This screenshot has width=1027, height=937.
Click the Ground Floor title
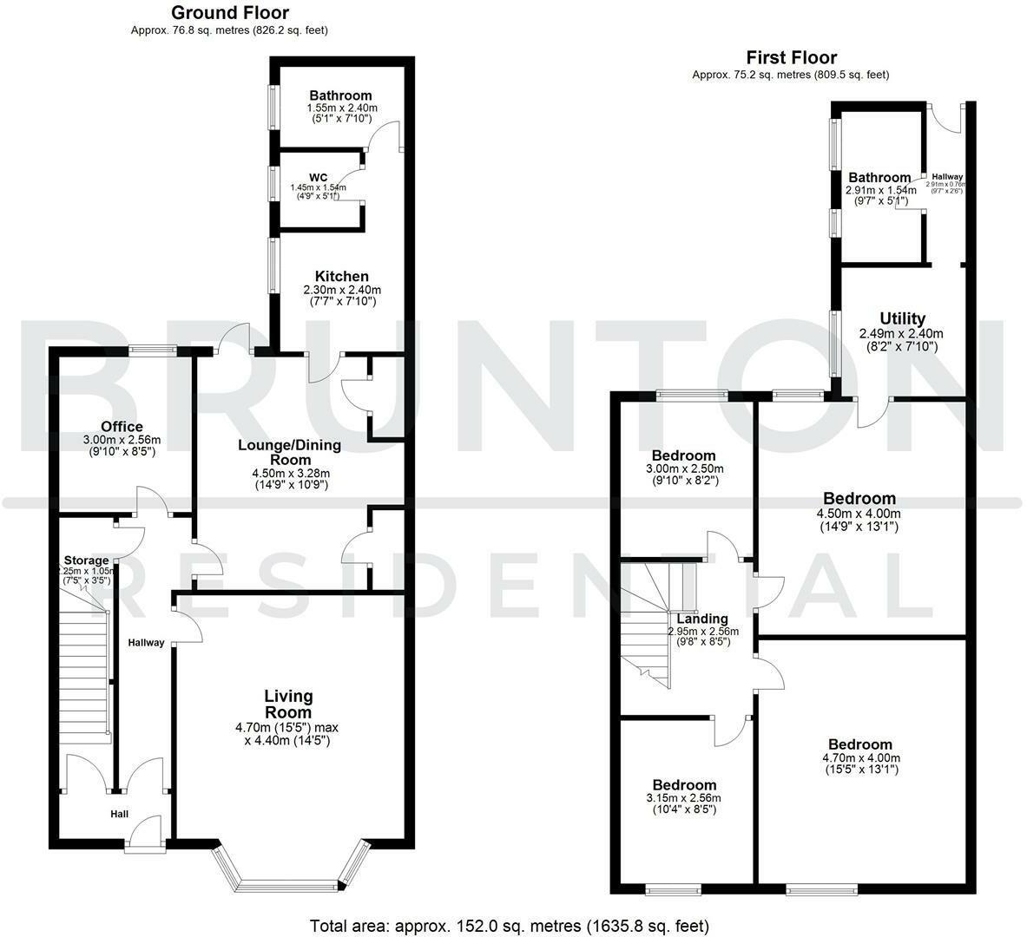coord(230,13)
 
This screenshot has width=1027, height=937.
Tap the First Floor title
coord(790,58)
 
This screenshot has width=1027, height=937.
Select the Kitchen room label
coord(342,276)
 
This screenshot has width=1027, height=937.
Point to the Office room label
coord(122,427)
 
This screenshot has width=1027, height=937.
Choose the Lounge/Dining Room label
coord(291,452)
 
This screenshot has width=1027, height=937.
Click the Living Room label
coord(289,704)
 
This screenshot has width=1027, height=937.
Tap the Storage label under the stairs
coord(86,560)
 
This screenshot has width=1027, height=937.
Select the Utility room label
coord(902,318)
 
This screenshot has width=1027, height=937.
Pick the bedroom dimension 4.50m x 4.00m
coord(859,513)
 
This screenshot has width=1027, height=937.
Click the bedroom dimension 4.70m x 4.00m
coord(859,758)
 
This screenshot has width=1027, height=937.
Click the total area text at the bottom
coord(510,925)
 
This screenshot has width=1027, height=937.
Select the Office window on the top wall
coord(153,351)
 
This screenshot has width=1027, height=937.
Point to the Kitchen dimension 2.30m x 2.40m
coord(342,290)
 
